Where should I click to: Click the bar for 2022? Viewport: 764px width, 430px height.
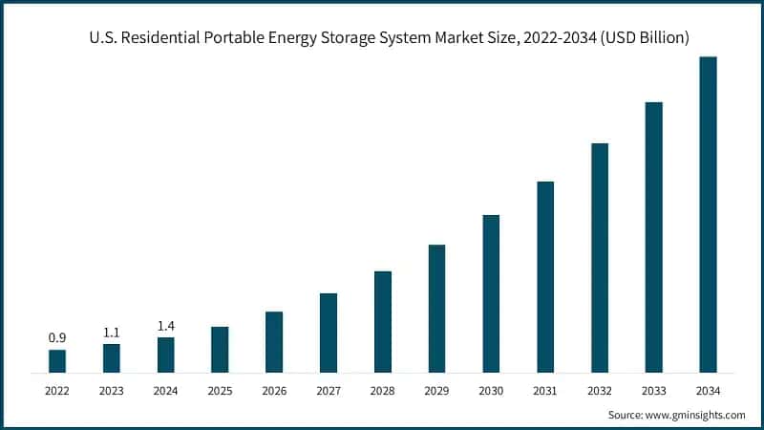57,360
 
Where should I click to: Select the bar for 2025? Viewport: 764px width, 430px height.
220,349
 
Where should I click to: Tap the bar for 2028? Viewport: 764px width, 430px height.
382,321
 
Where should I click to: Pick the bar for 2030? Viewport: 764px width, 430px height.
491,293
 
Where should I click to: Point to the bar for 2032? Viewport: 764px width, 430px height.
600,257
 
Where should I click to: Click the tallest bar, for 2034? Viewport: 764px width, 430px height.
708,214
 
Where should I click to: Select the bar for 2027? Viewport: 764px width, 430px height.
328,333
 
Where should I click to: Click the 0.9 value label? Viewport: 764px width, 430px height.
57,338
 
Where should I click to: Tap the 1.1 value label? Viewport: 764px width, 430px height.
112,333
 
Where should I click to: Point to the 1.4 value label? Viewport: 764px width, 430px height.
166,326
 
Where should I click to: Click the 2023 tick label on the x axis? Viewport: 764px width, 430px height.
112,391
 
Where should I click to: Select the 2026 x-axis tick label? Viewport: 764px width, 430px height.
274,391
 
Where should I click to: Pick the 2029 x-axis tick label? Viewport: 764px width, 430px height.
436,391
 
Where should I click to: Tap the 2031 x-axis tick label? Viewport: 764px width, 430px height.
545,391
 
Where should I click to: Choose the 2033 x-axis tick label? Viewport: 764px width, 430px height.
653,391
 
